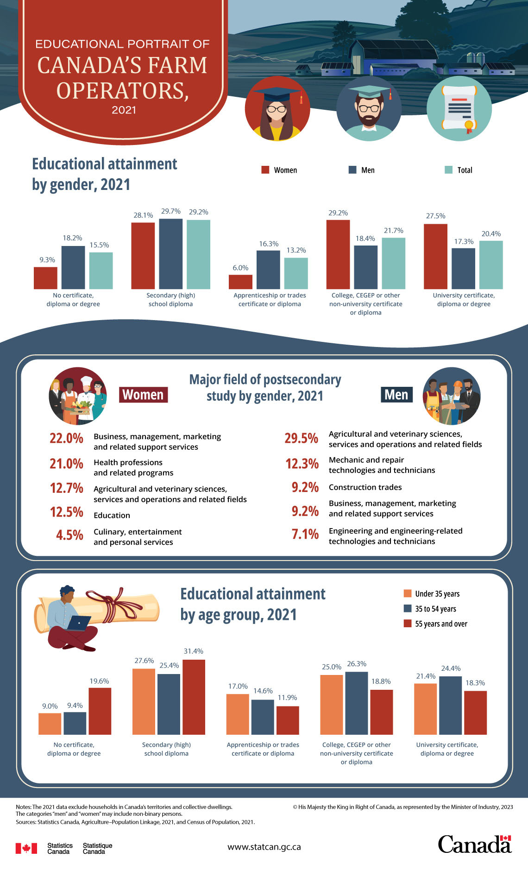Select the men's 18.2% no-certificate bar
pyautogui.click(x=73, y=267)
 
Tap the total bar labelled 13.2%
pyautogui.click(x=296, y=273)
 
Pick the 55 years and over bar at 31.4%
pyautogui.click(x=194, y=697)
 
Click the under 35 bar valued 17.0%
pyautogui.click(x=237, y=714)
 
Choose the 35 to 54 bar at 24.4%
pyautogui.click(x=450, y=705)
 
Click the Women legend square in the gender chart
pyautogui.click(x=265, y=170)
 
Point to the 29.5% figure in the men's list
pyautogui.click(x=301, y=438)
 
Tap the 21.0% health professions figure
pyautogui.click(x=66, y=464)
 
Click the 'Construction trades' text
pyautogui.click(x=365, y=487)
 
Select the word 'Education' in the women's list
pyautogui.click(x=112, y=515)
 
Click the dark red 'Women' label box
pyautogui.click(x=143, y=395)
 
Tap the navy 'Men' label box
pyautogui.click(x=396, y=395)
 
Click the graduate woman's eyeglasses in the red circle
pyautogui.click(x=277, y=109)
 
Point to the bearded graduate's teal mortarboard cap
pyautogui.click(x=369, y=91)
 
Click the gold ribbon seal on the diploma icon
pyautogui.click(x=469, y=125)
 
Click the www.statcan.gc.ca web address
pyautogui.click(x=264, y=847)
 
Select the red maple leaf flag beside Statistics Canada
pyautogui.click(x=26, y=848)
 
